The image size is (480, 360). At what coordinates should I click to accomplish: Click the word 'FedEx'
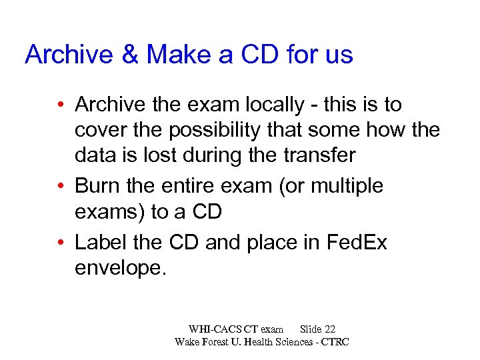tap(357, 242)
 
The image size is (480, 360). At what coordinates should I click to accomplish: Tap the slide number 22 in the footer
tap(329, 329)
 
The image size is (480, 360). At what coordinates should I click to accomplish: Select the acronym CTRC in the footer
tap(335, 342)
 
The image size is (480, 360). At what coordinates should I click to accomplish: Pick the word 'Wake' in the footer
tap(189, 342)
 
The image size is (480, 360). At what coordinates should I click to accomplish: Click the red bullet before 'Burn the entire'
tap(61, 187)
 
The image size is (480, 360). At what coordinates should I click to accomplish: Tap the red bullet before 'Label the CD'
tap(61, 243)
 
